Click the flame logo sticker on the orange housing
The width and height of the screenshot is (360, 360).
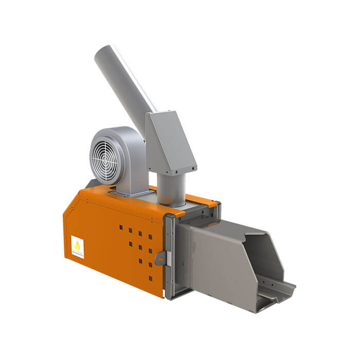point(78,246)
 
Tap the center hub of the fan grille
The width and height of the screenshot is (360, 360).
point(108,159)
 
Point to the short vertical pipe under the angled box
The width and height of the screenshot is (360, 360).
point(171,189)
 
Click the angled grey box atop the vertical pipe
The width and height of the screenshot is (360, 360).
point(170,141)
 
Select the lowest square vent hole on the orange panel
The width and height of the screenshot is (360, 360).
point(150,278)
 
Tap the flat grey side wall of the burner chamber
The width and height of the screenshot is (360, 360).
point(221,262)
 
